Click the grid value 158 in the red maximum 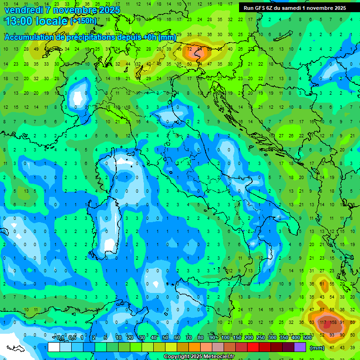(334, 322)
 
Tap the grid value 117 (323, 322)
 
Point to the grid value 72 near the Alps (189, 49)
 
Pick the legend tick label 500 (307, 338)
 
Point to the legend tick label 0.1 (60, 338)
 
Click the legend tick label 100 (225, 338)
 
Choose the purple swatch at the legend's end (300, 347)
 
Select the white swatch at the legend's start (54, 347)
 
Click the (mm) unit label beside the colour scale (317, 347)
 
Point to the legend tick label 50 (165, 338)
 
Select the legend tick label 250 (260, 338)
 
